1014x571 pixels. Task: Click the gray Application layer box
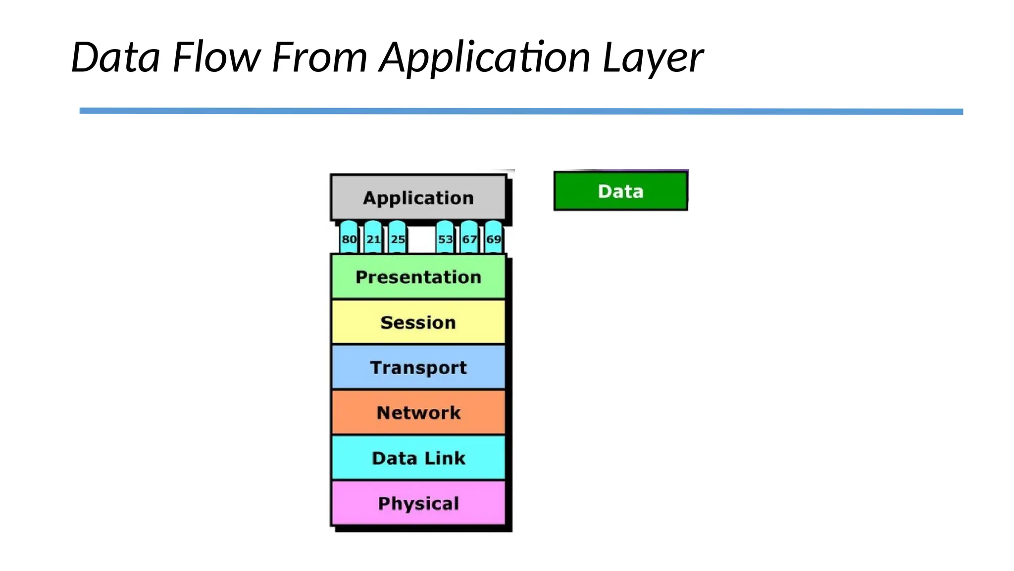[x=418, y=198]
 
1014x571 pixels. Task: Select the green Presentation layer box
[x=418, y=277]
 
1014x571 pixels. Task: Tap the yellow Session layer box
[x=418, y=322]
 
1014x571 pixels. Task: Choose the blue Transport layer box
[x=418, y=367]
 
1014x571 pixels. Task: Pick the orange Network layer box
[x=418, y=412]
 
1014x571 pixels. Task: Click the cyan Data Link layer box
[x=418, y=457]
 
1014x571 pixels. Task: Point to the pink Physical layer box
[x=418, y=503]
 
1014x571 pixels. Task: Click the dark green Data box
[x=620, y=191]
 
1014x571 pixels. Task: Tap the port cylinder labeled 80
[x=349, y=238]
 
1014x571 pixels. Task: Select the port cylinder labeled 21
[x=373, y=238]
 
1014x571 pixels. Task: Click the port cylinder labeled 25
[x=398, y=238]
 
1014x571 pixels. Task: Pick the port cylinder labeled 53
[x=445, y=238]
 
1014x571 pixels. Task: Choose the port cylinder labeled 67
[x=469, y=238]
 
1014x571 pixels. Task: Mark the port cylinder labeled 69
[x=494, y=238]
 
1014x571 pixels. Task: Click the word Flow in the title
[x=216, y=57]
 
